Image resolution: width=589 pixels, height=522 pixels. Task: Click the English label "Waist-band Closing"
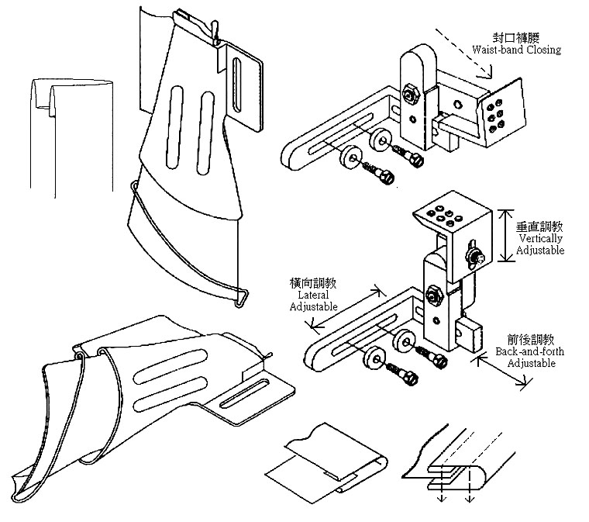click(x=516, y=50)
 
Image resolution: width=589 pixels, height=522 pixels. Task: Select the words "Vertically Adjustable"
click(x=542, y=244)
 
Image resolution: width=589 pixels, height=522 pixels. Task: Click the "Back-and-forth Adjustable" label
click(x=529, y=358)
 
